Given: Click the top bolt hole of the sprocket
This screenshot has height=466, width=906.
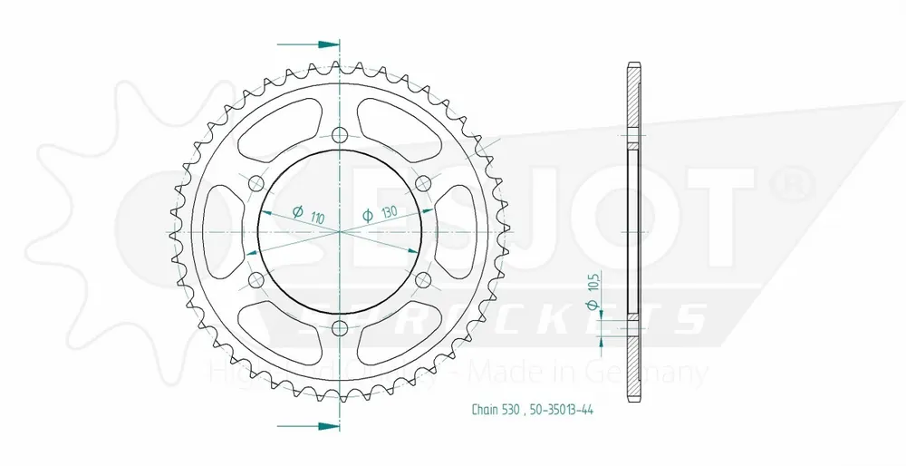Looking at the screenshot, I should pos(340,136).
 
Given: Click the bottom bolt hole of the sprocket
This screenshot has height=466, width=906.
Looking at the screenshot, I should pos(340,327).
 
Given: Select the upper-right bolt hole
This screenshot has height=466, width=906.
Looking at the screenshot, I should pos(422,184).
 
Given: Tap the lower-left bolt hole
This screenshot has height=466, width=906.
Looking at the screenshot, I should pos(256,279).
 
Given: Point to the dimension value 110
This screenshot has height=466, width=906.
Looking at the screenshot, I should pos(317,218).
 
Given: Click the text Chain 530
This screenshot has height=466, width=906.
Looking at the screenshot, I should pos(493,411).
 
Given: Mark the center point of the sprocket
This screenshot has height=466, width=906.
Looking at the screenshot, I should pos(340,232).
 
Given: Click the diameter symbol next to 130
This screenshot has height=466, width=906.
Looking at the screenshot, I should pos(368,215).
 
